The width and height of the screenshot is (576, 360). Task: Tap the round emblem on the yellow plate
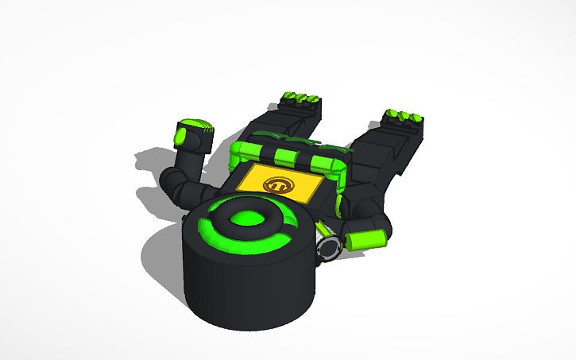(x=279, y=186)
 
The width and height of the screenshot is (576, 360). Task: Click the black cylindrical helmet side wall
(x=246, y=290)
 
